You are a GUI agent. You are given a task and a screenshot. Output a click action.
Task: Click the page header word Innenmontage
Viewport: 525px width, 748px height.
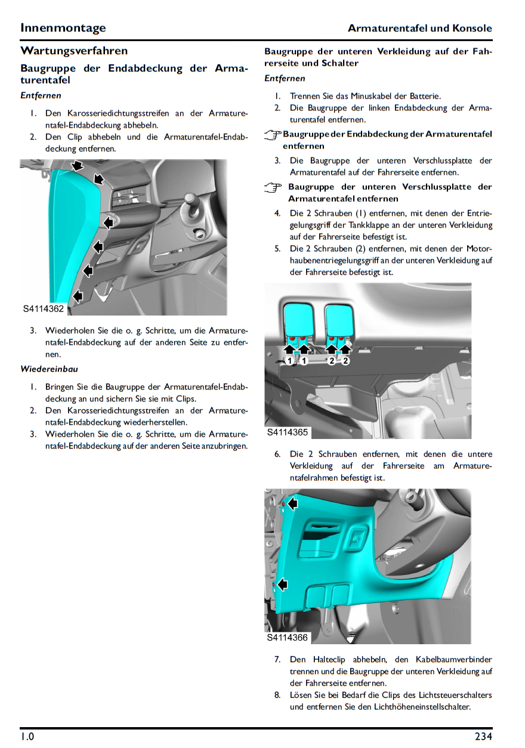point(63,28)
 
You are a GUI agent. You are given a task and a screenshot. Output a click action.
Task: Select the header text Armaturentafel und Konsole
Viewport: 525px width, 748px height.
point(419,28)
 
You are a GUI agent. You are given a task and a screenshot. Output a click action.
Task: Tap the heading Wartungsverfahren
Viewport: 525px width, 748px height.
point(74,51)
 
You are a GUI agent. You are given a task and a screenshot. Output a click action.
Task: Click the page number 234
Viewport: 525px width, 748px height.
point(483,737)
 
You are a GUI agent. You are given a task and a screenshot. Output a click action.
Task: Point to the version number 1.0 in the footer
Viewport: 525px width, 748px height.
point(27,737)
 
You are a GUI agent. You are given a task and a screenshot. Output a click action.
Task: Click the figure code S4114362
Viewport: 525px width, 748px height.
point(44,309)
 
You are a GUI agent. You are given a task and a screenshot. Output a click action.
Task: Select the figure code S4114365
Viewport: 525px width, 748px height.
point(288,432)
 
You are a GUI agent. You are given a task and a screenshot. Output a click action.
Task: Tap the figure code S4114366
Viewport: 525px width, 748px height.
point(288,638)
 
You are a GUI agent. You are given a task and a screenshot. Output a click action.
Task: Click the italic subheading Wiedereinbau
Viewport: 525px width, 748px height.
point(49,369)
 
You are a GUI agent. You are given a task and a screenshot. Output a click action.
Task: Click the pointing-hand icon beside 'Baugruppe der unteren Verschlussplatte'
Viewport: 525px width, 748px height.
point(273,187)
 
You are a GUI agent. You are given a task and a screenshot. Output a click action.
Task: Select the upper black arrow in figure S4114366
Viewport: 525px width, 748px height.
point(292,504)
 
